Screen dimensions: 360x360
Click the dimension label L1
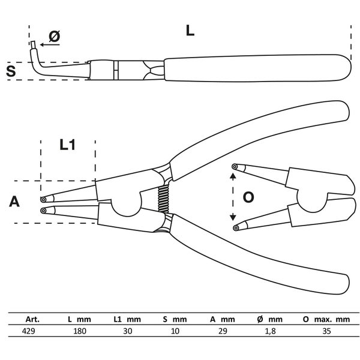pyautogui.click(x=67, y=145)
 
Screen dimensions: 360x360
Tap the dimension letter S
pyautogui.click(x=11, y=71)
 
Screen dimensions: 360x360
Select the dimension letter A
pyautogui.click(x=14, y=202)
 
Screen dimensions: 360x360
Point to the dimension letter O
pyautogui.click(x=248, y=197)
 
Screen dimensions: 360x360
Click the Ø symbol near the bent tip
pyautogui.click(x=55, y=36)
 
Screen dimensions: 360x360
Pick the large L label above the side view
pyautogui.click(x=190, y=31)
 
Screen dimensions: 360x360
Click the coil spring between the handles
pyautogui.click(x=163, y=199)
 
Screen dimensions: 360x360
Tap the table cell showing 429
pyautogui.click(x=28, y=331)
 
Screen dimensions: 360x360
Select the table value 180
pyautogui.click(x=80, y=331)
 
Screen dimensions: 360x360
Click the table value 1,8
pyautogui.click(x=271, y=331)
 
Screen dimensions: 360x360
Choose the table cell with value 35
pyautogui.click(x=326, y=331)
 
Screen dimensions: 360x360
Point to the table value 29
pyautogui.click(x=223, y=331)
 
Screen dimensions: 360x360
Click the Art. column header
pyautogui.click(x=32, y=319)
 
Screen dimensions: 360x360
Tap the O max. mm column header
pyautogui.click(x=326, y=319)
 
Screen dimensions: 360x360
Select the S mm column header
pyautogui.click(x=175, y=319)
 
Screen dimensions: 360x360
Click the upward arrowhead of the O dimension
pyautogui.click(x=233, y=176)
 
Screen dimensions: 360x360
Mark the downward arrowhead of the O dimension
pyautogui.click(x=233, y=217)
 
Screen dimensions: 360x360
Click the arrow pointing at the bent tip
pyautogui.click(x=50, y=44)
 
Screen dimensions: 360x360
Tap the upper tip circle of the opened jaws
pyautogui.click(x=235, y=166)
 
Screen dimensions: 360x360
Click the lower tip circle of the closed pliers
pyautogui.click(x=43, y=211)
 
